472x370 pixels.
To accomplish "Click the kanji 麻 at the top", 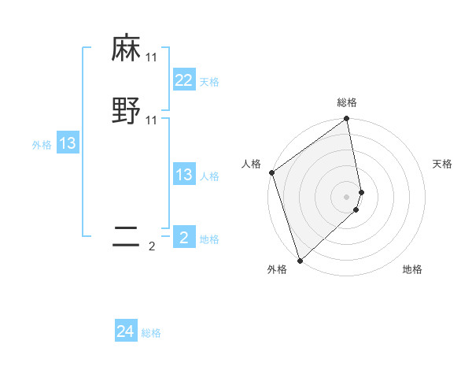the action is (126, 50).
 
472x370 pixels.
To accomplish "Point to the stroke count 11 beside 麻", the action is (152, 58).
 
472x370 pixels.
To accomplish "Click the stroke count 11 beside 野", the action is (152, 120).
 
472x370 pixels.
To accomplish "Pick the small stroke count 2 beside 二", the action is (152, 246).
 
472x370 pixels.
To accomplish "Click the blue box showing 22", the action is (184, 80).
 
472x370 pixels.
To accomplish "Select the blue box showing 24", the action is (126, 331).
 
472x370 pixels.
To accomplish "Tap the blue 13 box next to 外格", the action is (68, 143).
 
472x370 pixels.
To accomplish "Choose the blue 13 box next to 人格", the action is (184, 175).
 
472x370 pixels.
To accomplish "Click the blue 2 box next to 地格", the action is (184, 238).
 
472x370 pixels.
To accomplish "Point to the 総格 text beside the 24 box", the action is (151, 333).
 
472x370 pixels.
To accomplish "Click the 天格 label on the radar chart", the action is (443, 164).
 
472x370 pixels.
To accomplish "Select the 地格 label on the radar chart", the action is (412, 270).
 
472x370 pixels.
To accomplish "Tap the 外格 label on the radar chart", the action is (277, 270).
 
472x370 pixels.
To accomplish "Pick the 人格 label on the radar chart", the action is (251, 164).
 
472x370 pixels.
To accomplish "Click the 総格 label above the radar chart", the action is (347, 102).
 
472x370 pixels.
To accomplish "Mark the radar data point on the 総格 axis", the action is (347, 120).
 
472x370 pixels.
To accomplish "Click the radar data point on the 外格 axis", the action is (299, 260).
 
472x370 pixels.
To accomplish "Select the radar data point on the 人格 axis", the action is (271, 172).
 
